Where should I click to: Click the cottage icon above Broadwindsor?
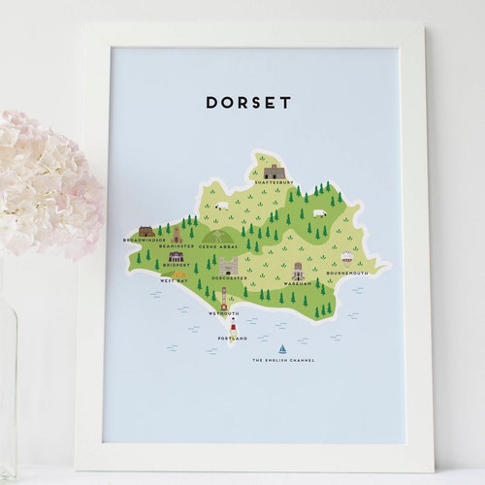[145, 231]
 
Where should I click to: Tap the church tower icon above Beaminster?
[178, 236]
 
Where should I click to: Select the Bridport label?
[177, 264]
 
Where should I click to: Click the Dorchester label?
[229, 278]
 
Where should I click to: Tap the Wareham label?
[298, 283]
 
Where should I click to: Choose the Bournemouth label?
[346, 273]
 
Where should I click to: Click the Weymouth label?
[223, 314]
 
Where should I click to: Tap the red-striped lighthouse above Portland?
[233, 326]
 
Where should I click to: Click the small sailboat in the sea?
[282, 348]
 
